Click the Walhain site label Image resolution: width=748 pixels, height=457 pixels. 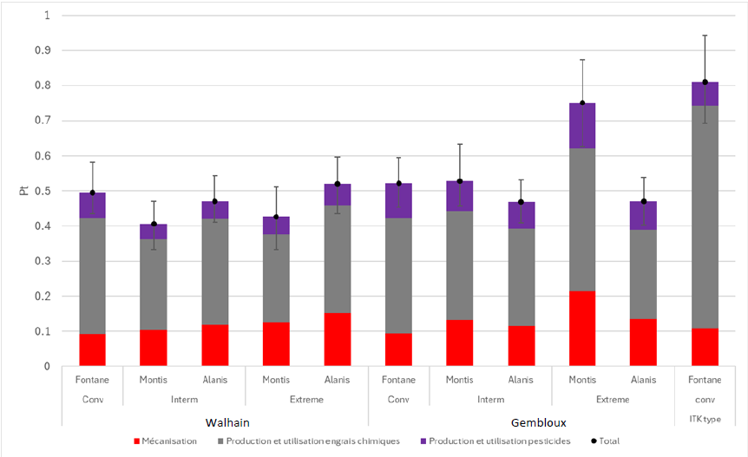click(230, 422)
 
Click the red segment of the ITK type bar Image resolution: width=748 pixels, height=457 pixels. click(705, 347)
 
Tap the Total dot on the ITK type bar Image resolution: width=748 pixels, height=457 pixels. click(705, 82)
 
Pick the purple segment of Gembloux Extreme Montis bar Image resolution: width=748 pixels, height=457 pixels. click(582, 126)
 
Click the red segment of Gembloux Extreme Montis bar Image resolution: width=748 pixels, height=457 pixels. click(582, 329)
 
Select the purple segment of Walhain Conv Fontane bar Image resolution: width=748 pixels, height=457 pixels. click(92, 206)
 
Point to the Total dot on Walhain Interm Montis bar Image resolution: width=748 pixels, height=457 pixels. click(154, 225)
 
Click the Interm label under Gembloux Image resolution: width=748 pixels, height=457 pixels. click(490, 399)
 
